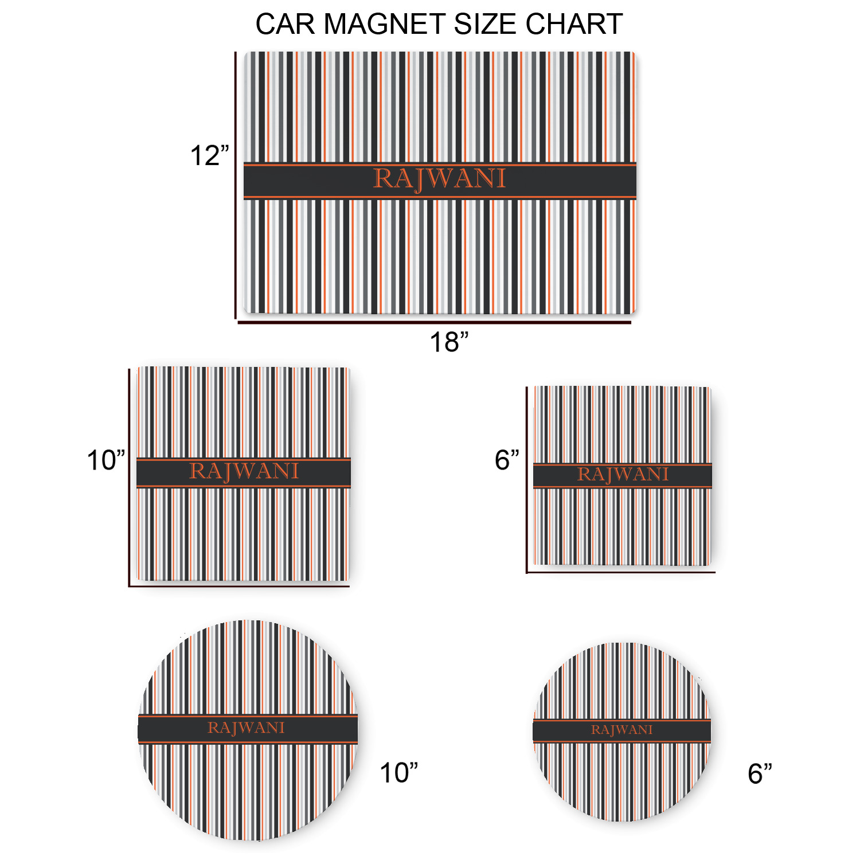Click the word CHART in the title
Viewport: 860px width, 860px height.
tap(574, 24)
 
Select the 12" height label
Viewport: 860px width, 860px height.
tap(209, 156)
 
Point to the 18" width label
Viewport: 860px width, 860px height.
tap(449, 342)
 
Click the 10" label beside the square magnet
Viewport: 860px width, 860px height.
tap(106, 460)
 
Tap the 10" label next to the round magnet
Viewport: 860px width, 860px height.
tap(399, 773)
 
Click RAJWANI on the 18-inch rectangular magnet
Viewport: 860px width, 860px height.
tap(440, 179)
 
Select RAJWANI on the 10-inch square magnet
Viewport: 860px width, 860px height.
tap(244, 472)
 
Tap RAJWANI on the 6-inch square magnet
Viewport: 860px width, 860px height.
tap(623, 475)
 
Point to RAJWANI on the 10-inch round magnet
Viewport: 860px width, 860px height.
tap(246, 728)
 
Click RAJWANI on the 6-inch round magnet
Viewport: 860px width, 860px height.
tap(622, 730)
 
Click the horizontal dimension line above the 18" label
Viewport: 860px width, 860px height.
tap(435, 323)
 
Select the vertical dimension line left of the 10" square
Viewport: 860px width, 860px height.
tap(129, 478)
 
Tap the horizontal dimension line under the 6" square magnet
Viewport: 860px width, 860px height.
tap(621, 572)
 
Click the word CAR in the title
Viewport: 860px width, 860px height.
tap(286, 24)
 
